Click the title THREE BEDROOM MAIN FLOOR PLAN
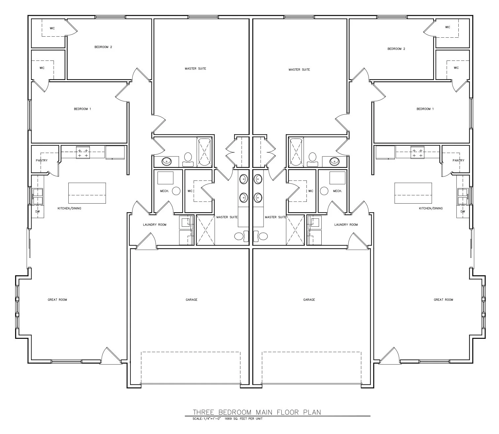(x=257, y=412)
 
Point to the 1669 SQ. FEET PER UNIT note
(x=243, y=418)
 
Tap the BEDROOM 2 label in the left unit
(x=103, y=47)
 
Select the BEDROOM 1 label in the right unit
(x=425, y=109)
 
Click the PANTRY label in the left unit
(x=42, y=160)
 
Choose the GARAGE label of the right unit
(x=309, y=300)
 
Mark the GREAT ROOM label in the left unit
(x=57, y=300)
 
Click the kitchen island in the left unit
(x=88, y=193)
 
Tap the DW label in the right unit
(x=463, y=212)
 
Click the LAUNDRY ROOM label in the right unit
(x=346, y=225)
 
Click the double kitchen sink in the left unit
(x=38, y=196)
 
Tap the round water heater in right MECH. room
(x=324, y=191)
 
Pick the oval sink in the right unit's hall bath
(x=335, y=161)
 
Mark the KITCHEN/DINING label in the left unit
(x=69, y=208)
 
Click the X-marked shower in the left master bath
(x=205, y=230)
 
